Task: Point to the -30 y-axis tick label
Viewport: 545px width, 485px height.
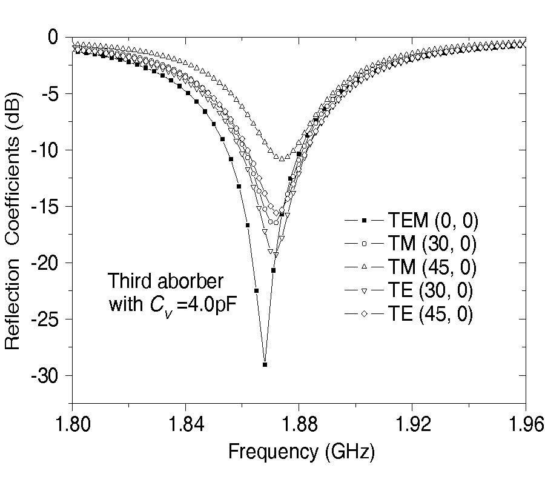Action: (45, 376)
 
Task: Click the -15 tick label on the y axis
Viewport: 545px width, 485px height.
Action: (45, 207)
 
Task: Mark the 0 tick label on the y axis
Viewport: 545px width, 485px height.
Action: (53, 38)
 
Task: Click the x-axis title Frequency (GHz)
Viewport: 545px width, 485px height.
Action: (301, 452)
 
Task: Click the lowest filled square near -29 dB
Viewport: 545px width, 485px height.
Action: (265, 364)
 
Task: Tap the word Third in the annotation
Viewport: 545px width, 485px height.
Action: (129, 282)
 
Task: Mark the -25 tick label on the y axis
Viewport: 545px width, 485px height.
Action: (45, 320)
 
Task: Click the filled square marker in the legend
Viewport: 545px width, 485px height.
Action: (365, 221)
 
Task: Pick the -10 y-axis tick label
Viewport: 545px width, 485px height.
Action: (45, 150)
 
